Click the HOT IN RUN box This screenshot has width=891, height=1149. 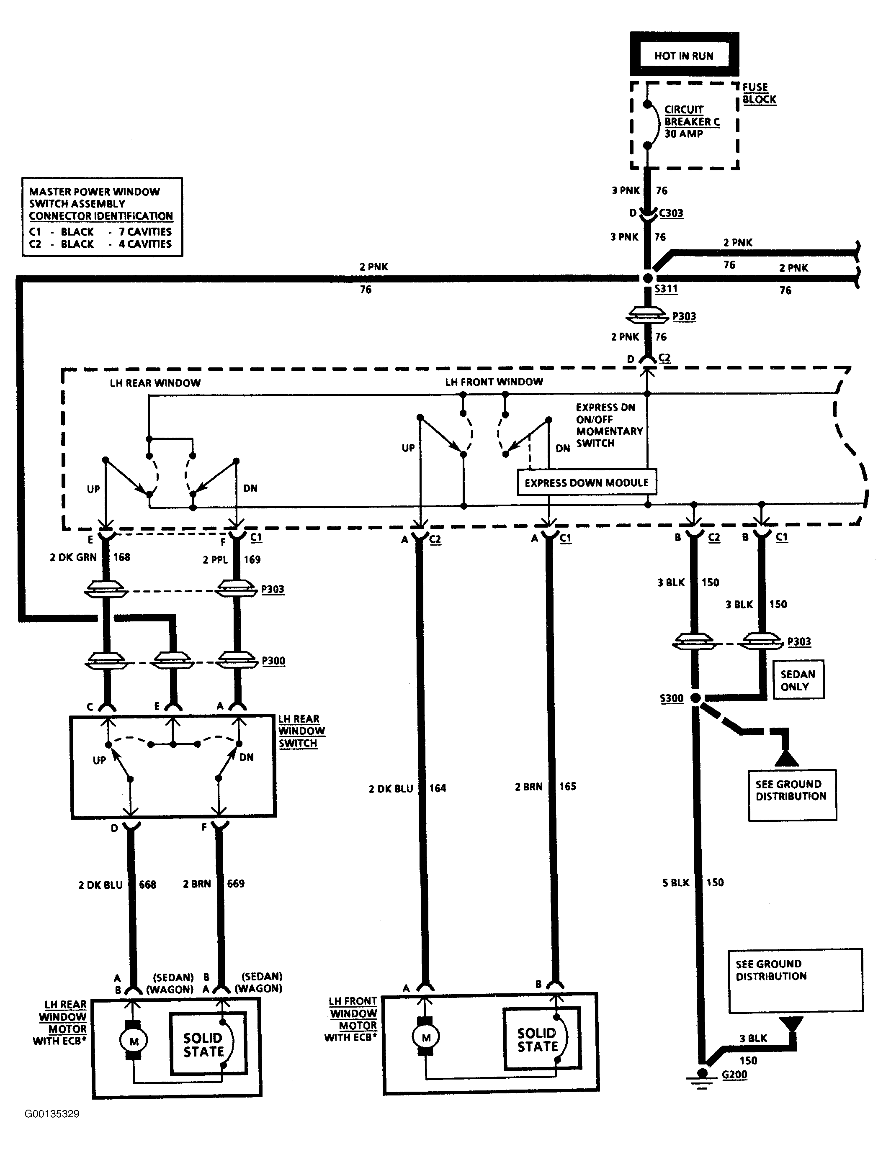coord(684,55)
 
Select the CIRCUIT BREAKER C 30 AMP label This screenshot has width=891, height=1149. coord(691,121)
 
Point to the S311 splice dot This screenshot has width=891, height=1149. coord(648,278)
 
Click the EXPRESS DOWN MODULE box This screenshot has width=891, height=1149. coord(587,482)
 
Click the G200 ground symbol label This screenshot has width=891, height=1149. coord(734,1074)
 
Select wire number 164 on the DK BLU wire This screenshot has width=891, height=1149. coord(437,788)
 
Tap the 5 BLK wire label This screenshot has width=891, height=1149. coord(676,883)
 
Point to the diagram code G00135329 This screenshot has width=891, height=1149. coord(52,1114)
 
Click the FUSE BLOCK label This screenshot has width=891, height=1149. coord(759,93)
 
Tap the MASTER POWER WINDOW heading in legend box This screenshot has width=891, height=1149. coord(95,192)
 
